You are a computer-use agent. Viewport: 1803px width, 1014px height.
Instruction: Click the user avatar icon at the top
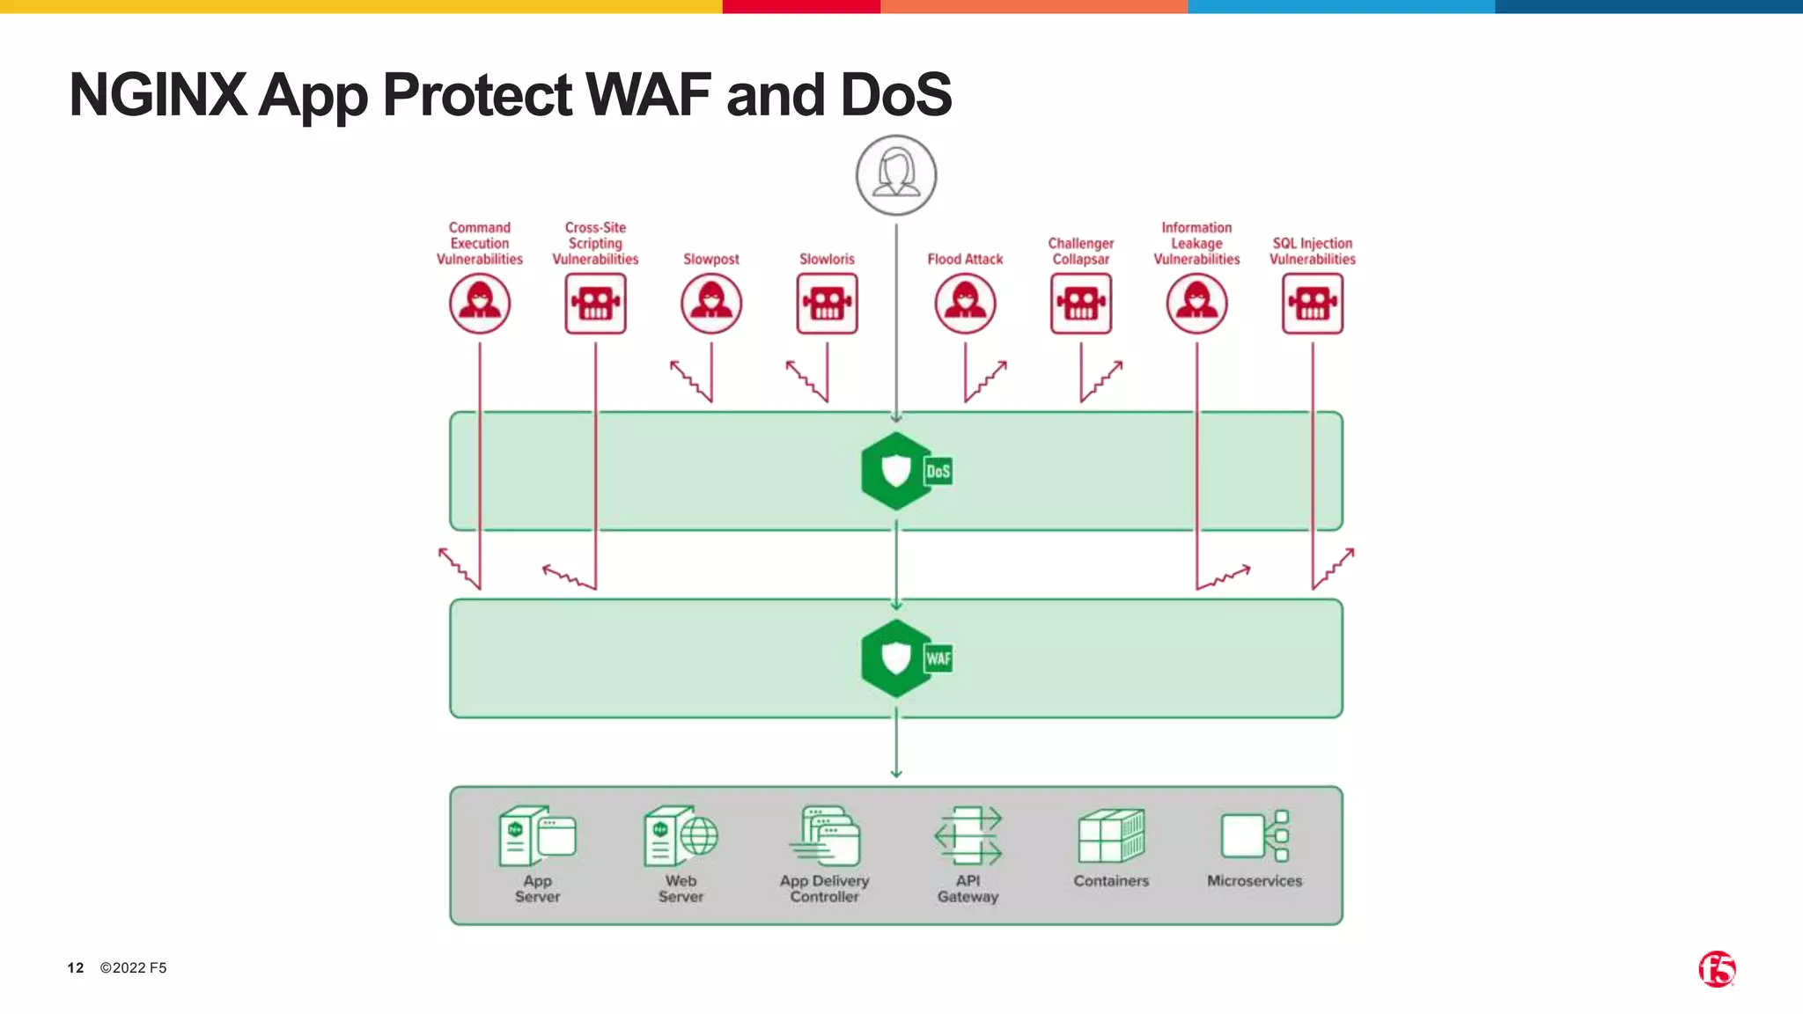point(895,175)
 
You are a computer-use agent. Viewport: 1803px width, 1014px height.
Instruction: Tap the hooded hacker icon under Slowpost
point(711,304)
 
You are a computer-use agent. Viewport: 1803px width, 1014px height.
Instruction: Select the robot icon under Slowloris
point(827,304)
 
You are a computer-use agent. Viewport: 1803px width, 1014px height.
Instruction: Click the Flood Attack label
point(965,259)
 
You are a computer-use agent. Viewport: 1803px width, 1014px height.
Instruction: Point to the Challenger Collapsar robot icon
point(1080,304)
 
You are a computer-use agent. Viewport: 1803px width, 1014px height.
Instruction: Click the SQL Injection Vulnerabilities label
point(1312,251)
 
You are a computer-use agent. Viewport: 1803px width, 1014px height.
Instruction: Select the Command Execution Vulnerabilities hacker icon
point(480,304)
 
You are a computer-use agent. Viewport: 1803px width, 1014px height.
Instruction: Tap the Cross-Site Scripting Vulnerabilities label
point(595,243)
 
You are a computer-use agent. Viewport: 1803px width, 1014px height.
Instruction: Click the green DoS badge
point(938,471)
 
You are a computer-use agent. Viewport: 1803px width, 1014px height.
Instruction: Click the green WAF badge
point(938,658)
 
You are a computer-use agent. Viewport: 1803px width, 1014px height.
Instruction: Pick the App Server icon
point(537,836)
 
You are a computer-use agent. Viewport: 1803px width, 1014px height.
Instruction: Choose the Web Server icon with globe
point(681,836)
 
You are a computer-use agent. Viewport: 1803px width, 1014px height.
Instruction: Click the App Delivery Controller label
point(824,888)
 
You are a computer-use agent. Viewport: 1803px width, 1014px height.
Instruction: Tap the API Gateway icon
point(968,835)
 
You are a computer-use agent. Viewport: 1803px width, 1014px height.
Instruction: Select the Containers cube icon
point(1111,835)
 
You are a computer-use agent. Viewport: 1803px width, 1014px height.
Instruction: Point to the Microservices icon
point(1255,835)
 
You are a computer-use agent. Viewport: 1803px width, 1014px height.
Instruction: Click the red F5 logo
point(1717,969)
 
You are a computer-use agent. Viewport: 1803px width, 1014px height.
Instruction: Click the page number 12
point(76,967)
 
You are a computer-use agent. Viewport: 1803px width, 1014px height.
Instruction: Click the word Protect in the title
point(477,95)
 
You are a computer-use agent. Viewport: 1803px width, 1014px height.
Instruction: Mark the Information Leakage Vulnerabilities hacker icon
point(1196,304)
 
